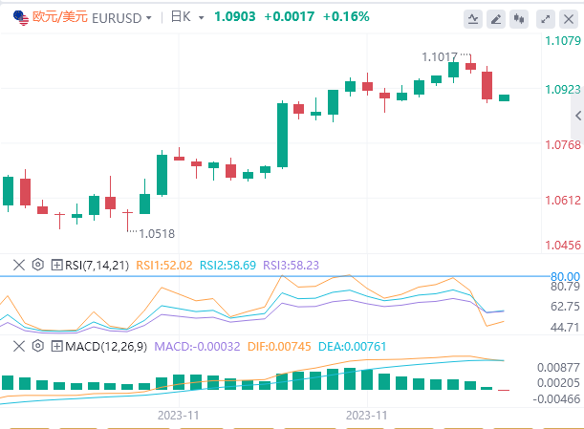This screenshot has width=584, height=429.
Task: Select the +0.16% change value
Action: pos(346,17)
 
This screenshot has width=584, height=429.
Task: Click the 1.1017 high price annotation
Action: pos(441,57)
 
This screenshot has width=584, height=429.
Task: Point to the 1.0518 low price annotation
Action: pos(157,232)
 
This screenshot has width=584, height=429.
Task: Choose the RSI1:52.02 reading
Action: pos(164,265)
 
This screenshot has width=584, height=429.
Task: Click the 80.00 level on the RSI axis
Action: pos(565,277)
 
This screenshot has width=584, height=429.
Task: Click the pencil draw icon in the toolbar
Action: pos(496,18)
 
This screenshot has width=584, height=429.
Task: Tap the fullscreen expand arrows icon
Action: pos(546,18)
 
